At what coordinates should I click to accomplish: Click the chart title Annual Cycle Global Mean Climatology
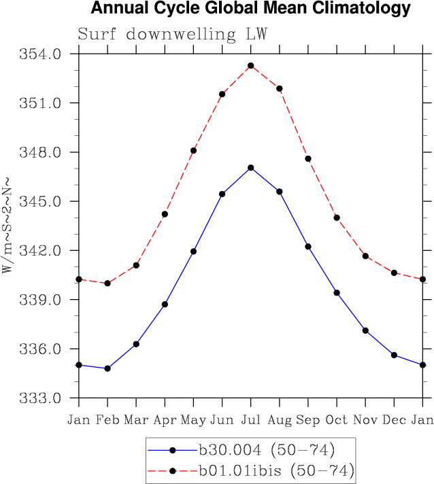tap(250, 9)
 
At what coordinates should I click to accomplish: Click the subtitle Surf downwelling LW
tap(173, 34)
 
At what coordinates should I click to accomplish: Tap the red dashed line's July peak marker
tap(251, 66)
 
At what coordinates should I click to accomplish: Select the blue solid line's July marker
tap(251, 167)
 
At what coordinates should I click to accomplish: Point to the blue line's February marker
tap(107, 368)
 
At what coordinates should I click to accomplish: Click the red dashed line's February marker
tap(107, 283)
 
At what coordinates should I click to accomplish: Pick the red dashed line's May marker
tap(194, 150)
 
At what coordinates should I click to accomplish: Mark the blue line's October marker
tap(337, 292)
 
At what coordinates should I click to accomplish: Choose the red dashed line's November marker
tap(365, 256)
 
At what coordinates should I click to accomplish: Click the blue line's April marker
tap(165, 304)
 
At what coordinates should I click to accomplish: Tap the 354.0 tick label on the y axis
tap(43, 54)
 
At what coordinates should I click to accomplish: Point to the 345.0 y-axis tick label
tap(43, 201)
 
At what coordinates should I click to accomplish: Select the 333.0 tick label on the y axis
tap(43, 398)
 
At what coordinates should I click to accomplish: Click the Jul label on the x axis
tap(251, 419)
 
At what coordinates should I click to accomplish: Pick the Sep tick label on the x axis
tap(308, 419)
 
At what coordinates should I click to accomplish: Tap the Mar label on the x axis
tap(136, 419)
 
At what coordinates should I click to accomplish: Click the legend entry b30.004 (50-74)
tap(266, 449)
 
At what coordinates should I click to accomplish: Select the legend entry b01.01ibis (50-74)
tap(276, 470)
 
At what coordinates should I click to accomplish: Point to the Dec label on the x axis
tap(394, 419)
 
